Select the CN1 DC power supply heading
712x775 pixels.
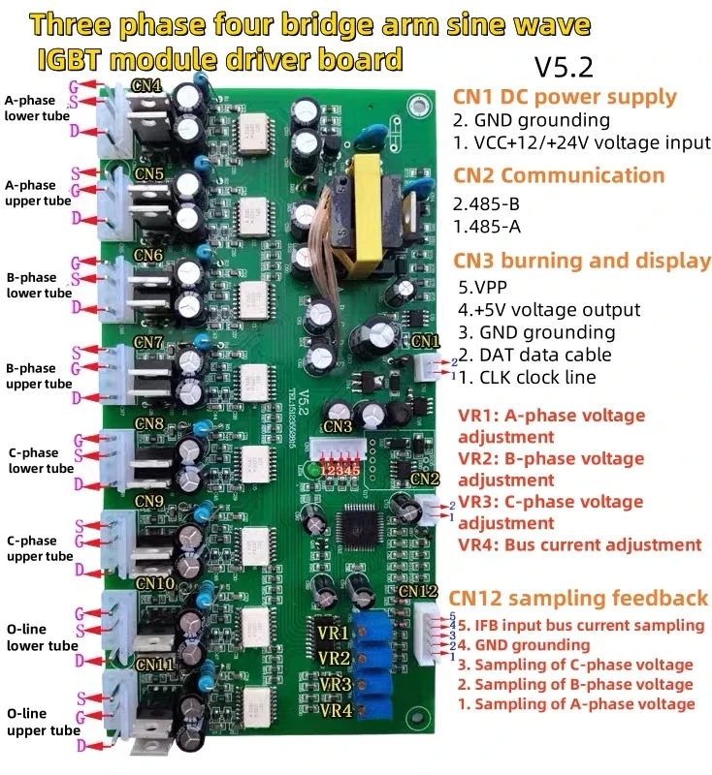(x=565, y=97)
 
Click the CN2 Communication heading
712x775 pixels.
(x=559, y=175)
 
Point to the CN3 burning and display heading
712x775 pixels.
(x=582, y=261)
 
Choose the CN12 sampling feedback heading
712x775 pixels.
(x=578, y=598)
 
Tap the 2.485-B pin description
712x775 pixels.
(x=494, y=206)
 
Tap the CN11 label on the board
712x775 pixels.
(x=154, y=666)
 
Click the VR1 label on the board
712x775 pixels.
(x=333, y=634)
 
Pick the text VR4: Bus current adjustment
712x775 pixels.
(x=579, y=544)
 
